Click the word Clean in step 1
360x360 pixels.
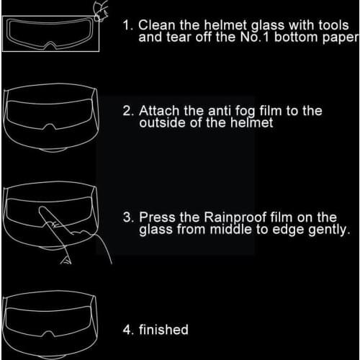click(157, 25)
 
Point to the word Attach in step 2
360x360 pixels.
click(159, 111)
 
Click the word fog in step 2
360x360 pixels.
click(245, 112)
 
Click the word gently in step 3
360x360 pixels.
click(329, 230)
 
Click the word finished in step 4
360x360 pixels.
click(163, 329)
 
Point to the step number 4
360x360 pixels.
click(127, 330)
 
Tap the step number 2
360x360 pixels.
click(127, 111)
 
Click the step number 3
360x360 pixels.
click(127, 217)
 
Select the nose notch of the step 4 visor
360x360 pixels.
click(49, 333)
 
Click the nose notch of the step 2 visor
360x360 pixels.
click(50, 127)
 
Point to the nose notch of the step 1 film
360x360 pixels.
click(50, 45)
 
